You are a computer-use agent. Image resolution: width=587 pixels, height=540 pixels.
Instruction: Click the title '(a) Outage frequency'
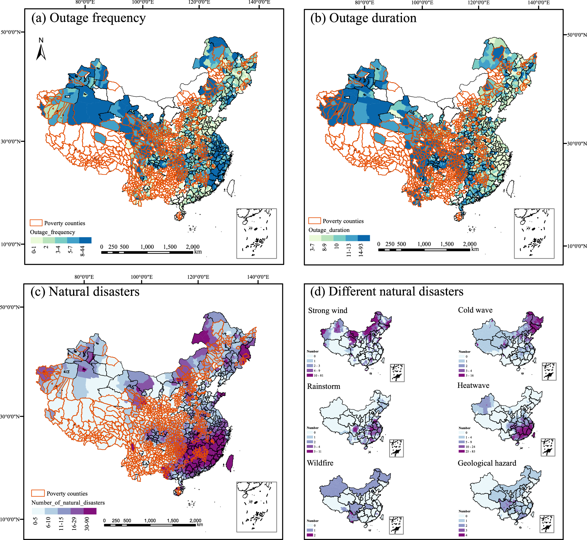coord(88,18)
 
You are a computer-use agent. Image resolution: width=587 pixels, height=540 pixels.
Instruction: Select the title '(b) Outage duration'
coord(363,18)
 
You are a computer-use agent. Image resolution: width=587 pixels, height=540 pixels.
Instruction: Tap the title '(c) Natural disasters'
coord(85,292)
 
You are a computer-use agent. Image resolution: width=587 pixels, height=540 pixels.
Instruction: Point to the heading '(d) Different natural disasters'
coord(387,292)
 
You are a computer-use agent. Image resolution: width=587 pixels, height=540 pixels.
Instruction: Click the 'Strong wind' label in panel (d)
coord(328,311)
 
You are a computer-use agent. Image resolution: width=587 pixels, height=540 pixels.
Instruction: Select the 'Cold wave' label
coord(475,310)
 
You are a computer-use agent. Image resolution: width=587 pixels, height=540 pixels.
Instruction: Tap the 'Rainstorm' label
coord(323,386)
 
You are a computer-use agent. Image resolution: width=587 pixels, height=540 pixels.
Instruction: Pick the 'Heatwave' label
coord(473,386)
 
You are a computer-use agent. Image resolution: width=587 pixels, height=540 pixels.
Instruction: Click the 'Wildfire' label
coord(320,463)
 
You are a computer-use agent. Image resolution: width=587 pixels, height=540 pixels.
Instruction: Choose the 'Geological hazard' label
coord(487,463)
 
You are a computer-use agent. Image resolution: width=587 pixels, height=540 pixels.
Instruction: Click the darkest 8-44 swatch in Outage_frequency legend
coord(85,240)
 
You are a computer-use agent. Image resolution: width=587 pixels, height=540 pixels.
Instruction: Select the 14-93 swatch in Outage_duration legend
coord(364,238)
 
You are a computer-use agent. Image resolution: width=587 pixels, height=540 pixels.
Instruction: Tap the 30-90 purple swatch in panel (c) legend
coord(90,511)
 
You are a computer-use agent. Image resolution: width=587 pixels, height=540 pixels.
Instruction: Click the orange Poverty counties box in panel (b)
coord(314,221)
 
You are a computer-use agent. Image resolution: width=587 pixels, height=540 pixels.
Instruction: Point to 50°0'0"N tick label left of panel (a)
coord(11,32)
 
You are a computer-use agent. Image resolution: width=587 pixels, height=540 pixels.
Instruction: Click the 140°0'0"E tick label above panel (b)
coord(539,3)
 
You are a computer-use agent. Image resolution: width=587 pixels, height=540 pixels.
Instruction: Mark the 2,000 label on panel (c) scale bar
coord(195,520)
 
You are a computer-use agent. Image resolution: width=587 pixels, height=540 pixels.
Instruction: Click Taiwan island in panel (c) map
coord(230,463)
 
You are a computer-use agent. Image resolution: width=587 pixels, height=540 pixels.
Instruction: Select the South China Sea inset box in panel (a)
coord(257,233)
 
